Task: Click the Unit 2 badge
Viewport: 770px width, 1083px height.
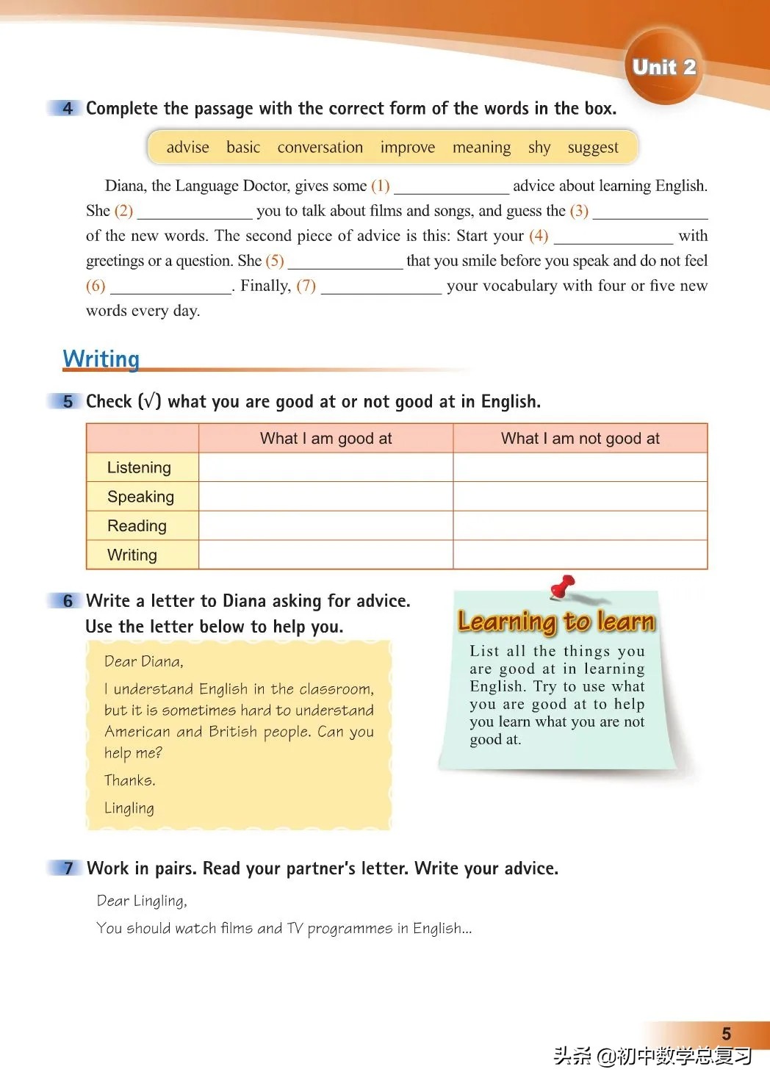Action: click(663, 68)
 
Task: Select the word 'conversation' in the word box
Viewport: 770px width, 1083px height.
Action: click(320, 148)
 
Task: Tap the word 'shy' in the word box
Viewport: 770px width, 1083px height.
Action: click(539, 148)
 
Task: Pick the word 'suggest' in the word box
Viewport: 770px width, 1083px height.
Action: click(592, 148)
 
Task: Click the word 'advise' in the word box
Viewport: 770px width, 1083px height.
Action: click(187, 148)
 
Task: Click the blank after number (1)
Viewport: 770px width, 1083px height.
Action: click(450, 187)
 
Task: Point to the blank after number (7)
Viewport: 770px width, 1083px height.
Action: click(381, 287)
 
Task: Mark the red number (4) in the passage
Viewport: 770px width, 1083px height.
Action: click(539, 236)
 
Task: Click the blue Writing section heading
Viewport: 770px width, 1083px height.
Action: click(101, 359)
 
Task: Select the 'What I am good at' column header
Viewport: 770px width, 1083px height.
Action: click(325, 439)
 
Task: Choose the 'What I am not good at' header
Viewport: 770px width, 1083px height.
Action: click(580, 439)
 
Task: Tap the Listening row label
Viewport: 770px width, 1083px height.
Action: click(139, 468)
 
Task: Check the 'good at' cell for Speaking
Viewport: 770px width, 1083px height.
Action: click(325, 497)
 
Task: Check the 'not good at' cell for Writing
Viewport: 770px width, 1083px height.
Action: click(580, 555)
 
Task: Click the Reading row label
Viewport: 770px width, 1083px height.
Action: click(137, 526)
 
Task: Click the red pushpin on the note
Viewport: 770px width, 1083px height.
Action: click(563, 586)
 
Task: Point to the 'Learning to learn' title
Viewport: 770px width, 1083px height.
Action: click(556, 622)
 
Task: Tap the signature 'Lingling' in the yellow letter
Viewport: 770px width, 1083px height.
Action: click(129, 808)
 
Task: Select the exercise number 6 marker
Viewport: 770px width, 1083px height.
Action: click(68, 601)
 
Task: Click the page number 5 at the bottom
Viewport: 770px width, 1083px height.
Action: click(726, 1034)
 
